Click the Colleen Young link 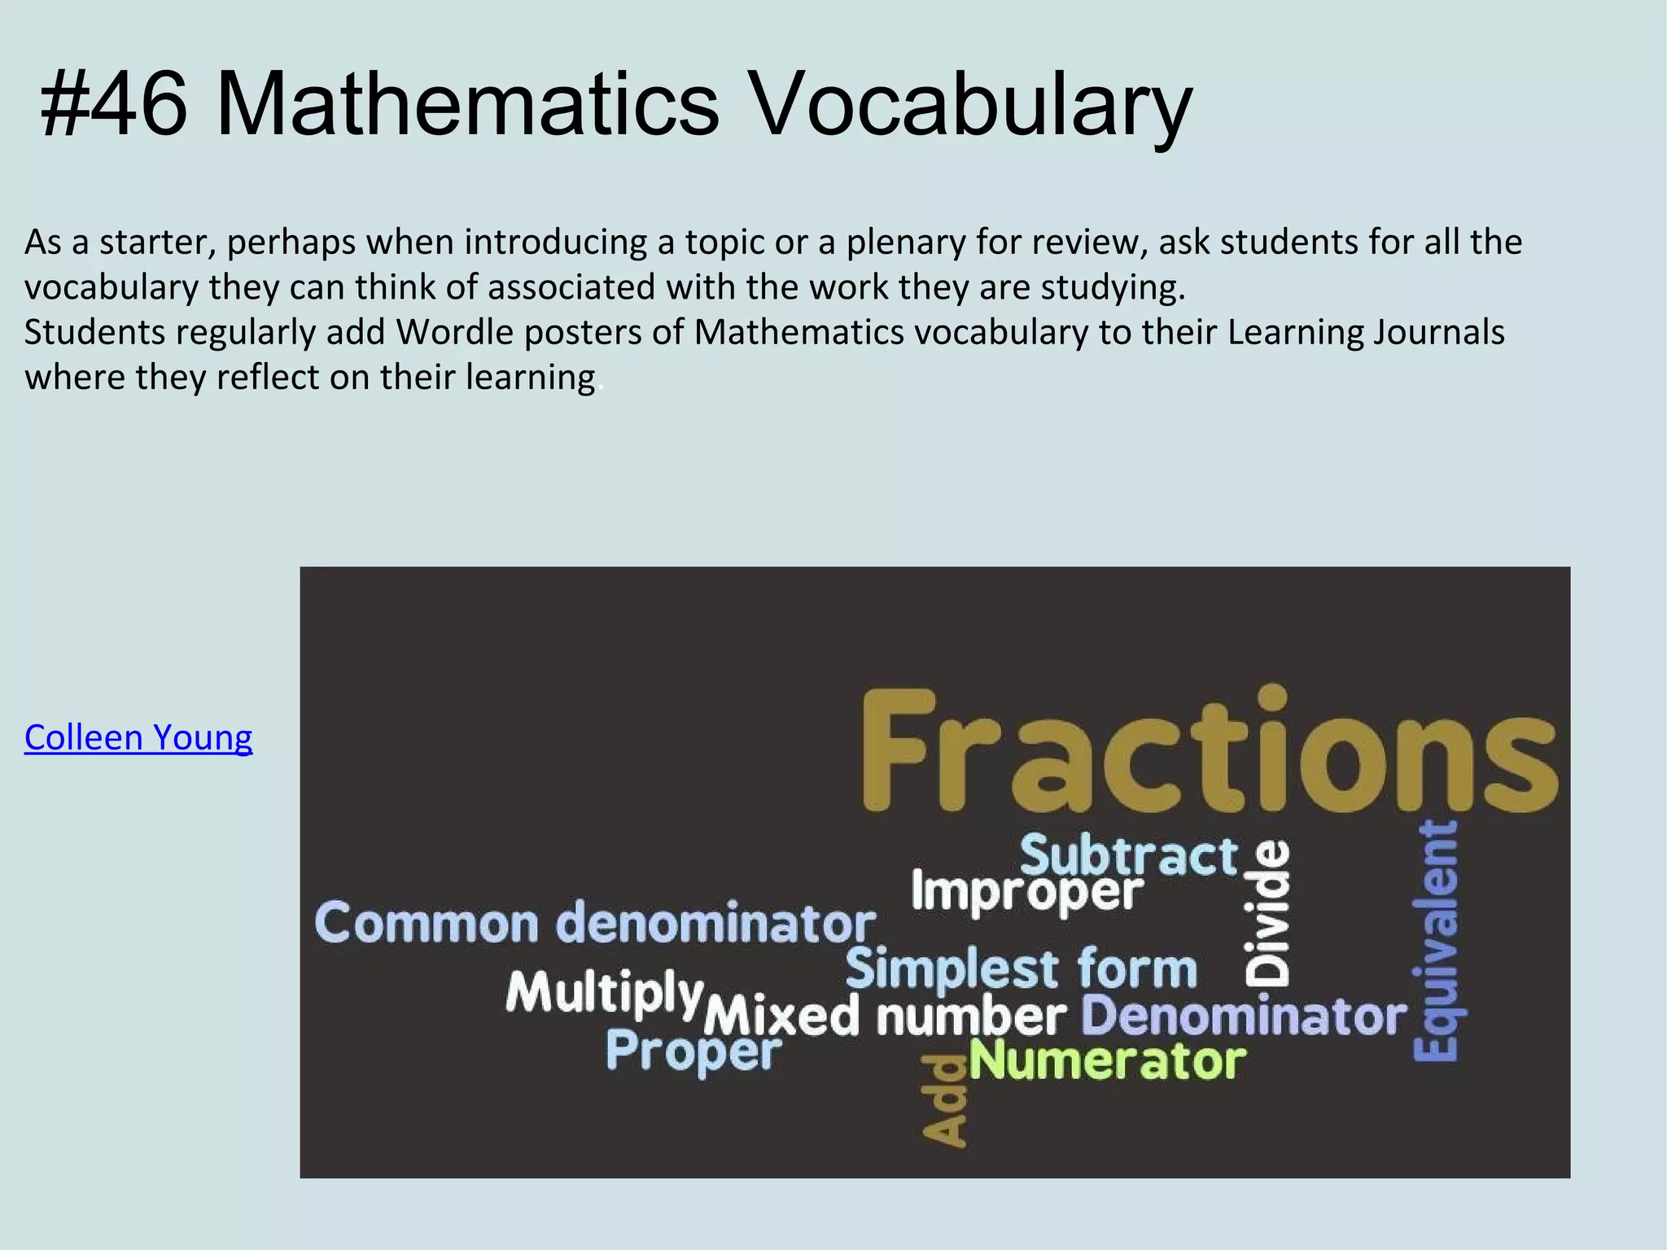pyautogui.click(x=138, y=737)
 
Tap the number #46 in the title pyautogui.click(x=114, y=104)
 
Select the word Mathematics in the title pyautogui.click(x=468, y=104)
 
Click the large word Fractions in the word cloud pyautogui.click(x=1209, y=750)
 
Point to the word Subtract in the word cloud pyautogui.click(x=1129, y=856)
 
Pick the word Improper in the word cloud pyautogui.click(x=1027, y=892)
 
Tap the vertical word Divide pyautogui.click(x=1267, y=913)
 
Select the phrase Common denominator pyautogui.click(x=595, y=924)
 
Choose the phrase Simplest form pyautogui.click(x=1022, y=969)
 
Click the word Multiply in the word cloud pyautogui.click(x=604, y=993)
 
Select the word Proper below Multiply pyautogui.click(x=693, y=1051)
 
